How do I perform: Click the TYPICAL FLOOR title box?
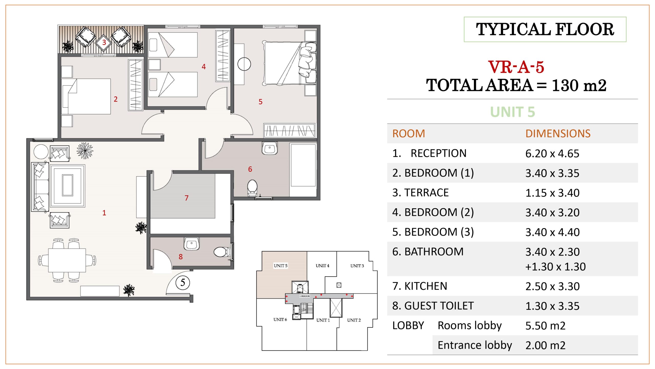[545, 29]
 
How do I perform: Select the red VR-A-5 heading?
[516, 67]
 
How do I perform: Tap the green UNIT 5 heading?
[512, 112]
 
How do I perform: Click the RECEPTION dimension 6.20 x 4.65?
[552, 153]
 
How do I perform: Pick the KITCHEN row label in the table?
[420, 286]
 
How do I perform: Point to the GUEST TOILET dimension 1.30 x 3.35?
[552, 306]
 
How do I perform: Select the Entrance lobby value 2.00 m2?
[545, 345]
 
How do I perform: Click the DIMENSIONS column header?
[558, 134]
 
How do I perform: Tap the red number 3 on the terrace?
[104, 42]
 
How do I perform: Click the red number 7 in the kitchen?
[187, 198]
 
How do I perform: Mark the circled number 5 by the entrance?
[183, 282]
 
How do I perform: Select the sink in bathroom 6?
[270, 148]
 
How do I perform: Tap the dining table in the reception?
[67, 260]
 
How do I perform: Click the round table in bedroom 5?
[244, 64]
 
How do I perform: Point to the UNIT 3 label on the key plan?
[357, 266]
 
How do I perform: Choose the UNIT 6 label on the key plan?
[280, 320]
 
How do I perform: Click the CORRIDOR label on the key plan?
[305, 296]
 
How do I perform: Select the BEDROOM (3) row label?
[433, 232]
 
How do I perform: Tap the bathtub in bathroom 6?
[303, 165]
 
